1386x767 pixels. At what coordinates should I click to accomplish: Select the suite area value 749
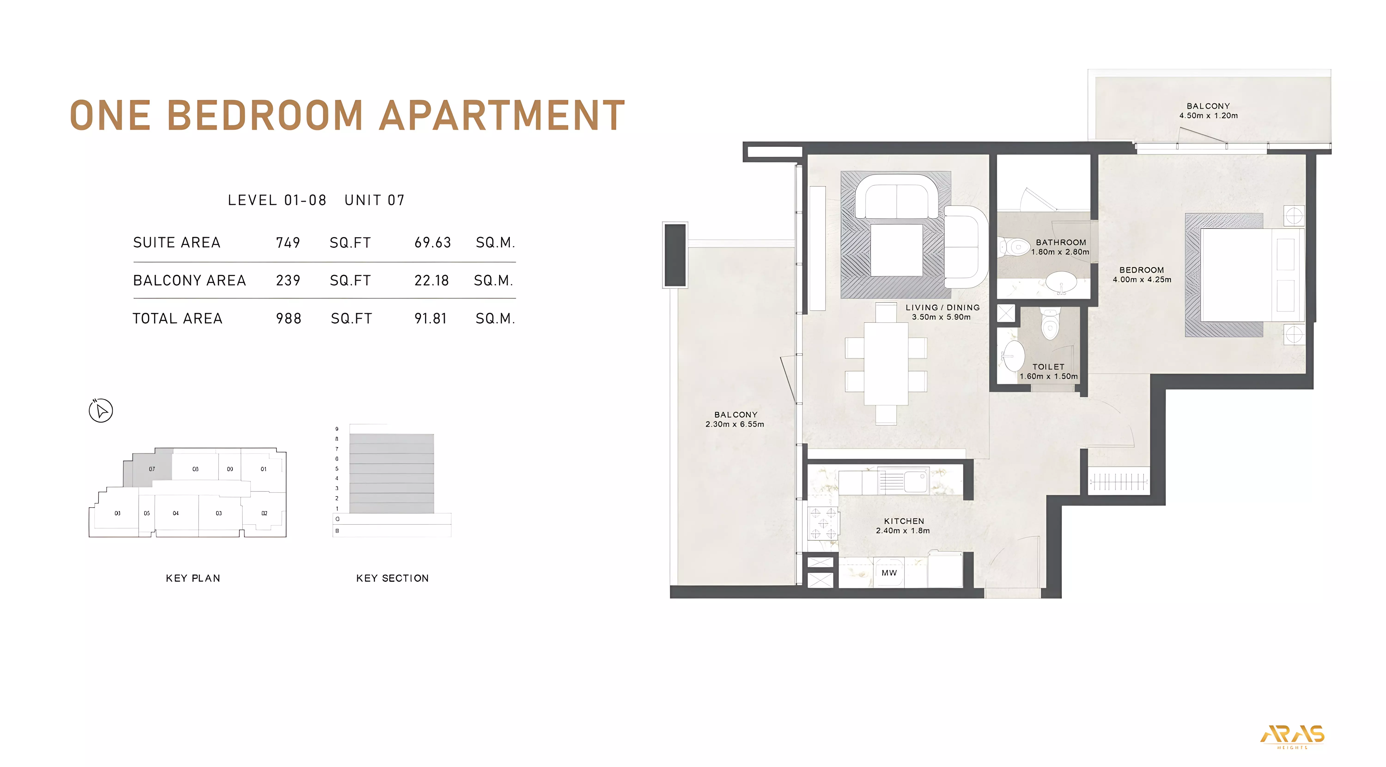pyautogui.click(x=288, y=243)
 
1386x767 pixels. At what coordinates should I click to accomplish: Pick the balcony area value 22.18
pyautogui.click(x=432, y=280)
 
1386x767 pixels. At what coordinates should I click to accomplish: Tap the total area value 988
pyautogui.click(x=288, y=319)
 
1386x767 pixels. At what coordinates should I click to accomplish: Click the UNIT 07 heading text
pyautogui.click(x=374, y=200)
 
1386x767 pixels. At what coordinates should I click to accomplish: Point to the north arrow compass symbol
pyautogui.click(x=101, y=411)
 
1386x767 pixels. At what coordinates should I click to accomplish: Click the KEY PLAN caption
pyautogui.click(x=193, y=578)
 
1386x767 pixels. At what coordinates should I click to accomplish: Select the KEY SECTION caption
pyautogui.click(x=392, y=578)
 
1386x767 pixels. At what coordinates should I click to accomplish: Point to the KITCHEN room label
pyautogui.click(x=904, y=521)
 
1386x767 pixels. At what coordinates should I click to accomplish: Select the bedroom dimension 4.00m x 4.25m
pyautogui.click(x=1142, y=279)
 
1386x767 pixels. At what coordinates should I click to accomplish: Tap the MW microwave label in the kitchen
pyautogui.click(x=889, y=573)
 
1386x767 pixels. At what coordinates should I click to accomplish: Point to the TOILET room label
pyautogui.click(x=1048, y=367)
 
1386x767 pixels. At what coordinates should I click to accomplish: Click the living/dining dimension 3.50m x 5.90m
pyautogui.click(x=941, y=317)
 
